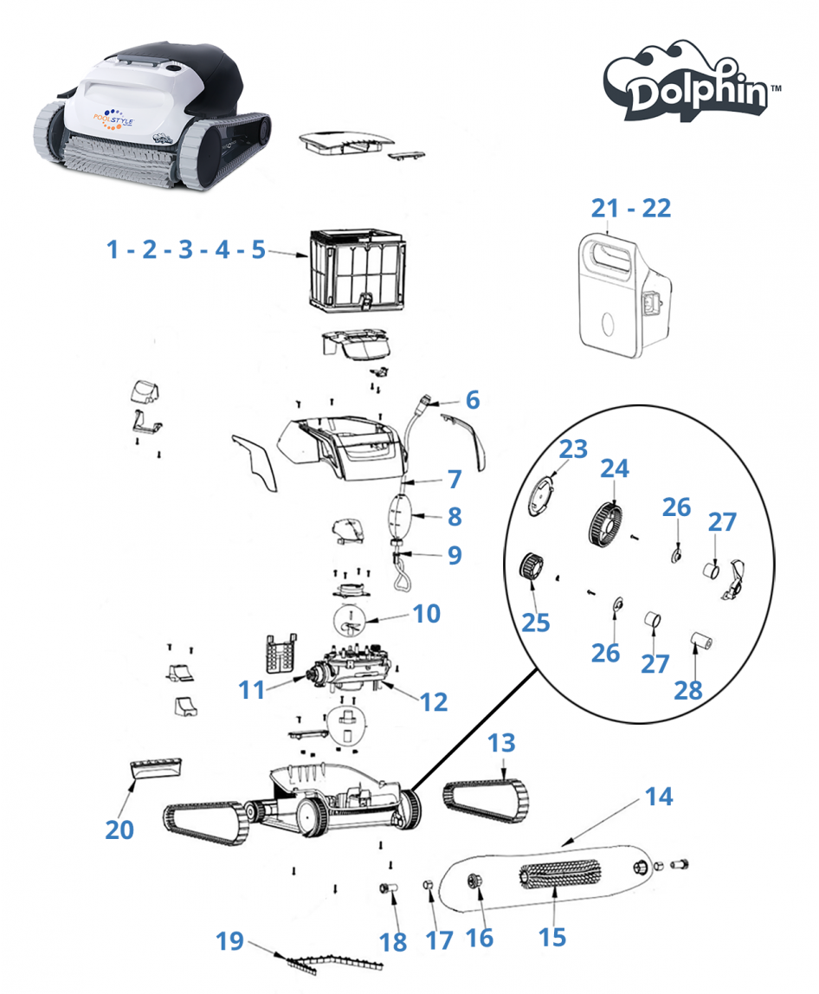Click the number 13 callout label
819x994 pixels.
click(501, 743)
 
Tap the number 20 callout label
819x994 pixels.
click(119, 829)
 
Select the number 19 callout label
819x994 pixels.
click(229, 941)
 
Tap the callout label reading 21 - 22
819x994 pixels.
click(631, 209)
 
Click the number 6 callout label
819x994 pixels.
click(472, 400)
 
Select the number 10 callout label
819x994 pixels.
click(427, 614)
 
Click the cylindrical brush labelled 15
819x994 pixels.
click(558, 877)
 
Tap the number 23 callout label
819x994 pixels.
click(572, 449)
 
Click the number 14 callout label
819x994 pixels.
click(659, 796)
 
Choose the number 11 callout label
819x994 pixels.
click(251, 689)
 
